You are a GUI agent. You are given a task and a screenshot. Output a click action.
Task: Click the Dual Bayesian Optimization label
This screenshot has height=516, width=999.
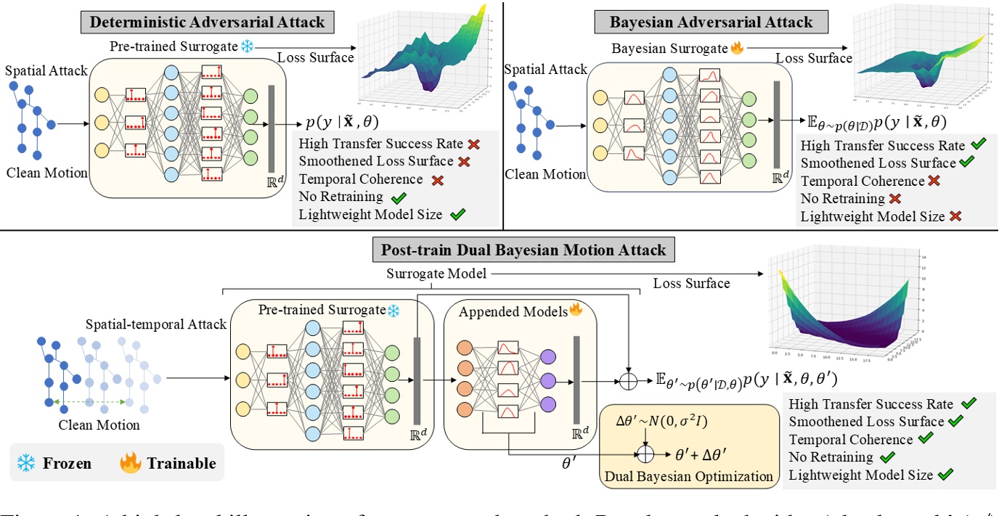(676, 477)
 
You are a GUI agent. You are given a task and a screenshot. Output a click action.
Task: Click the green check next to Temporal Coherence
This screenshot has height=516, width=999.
(925, 439)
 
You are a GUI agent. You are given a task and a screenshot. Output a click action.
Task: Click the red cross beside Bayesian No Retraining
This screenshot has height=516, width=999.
(895, 198)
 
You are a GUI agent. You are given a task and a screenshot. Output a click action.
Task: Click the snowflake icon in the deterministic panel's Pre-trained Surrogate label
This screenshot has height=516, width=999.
(248, 47)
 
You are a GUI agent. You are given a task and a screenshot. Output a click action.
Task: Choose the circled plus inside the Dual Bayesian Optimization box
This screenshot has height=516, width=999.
(645, 453)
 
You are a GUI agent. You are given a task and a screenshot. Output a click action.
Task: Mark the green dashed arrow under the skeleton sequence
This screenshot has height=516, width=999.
(89, 401)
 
